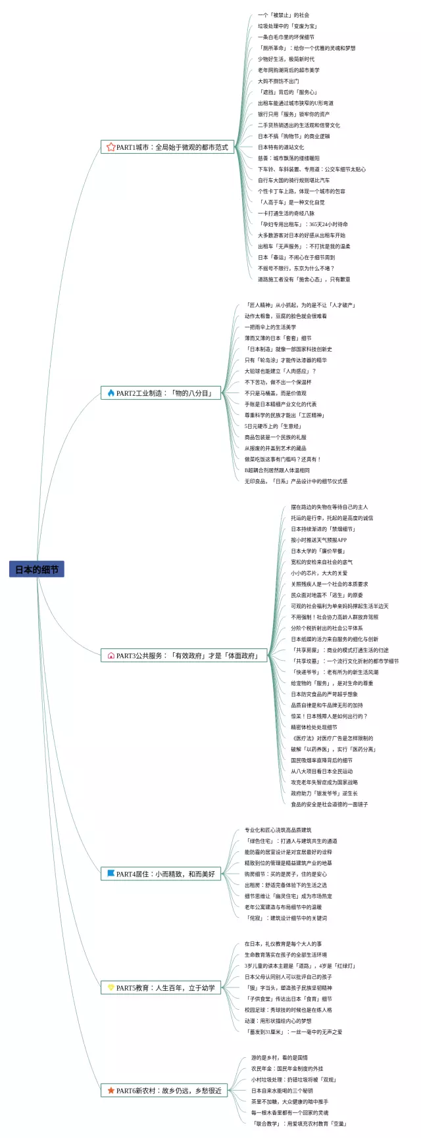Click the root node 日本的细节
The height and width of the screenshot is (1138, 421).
pos(37,570)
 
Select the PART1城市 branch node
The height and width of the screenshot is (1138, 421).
pos(167,147)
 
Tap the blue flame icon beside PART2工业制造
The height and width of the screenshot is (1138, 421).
pos(111,393)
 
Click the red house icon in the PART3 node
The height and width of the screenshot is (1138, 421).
pos(111,655)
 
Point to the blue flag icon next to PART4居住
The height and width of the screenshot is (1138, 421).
pos(111,874)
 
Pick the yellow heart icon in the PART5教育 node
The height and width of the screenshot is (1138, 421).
pos(111,987)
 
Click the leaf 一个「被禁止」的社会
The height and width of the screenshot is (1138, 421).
pos(283,15)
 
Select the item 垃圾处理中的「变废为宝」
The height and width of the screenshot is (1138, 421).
pos(287,26)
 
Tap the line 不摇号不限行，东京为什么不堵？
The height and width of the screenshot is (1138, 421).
pos(296,268)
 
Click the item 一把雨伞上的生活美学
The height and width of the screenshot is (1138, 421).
pos(270,327)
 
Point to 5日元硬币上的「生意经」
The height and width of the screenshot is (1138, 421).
pos(272,426)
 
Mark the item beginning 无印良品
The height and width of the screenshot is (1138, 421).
pos(295,481)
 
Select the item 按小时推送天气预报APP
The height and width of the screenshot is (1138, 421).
pos(318,540)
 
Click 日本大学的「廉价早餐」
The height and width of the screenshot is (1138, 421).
pos(318,551)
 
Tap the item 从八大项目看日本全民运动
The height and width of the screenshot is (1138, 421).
pos(322,771)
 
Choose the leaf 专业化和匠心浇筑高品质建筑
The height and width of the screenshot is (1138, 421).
pos(278,830)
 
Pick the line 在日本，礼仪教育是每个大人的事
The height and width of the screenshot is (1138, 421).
pos(283,943)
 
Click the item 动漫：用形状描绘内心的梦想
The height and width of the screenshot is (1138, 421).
pos(278,1021)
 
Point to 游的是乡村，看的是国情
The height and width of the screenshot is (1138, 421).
pos(279,1058)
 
